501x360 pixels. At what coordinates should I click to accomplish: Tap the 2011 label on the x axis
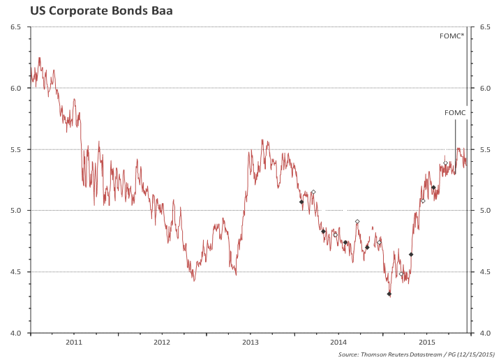pyautogui.click(x=74, y=342)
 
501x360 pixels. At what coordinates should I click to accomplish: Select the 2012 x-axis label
pyautogui.click(x=162, y=342)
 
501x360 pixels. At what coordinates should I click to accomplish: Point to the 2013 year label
pyautogui.click(x=250, y=342)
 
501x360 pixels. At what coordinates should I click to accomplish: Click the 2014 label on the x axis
pyautogui.click(x=338, y=342)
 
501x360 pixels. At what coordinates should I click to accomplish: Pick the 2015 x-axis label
pyautogui.click(x=427, y=342)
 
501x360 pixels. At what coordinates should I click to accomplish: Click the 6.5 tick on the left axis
pyautogui.click(x=16, y=27)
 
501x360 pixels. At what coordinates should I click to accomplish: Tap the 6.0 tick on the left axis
pyautogui.click(x=16, y=88)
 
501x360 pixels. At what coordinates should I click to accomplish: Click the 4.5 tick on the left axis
pyautogui.click(x=16, y=272)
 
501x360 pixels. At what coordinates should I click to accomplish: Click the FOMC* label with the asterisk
pyautogui.click(x=452, y=36)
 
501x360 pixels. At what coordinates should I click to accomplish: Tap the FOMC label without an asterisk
pyautogui.click(x=455, y=112)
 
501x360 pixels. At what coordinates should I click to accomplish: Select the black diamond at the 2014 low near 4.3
pyautogui.click(x=389, y=294)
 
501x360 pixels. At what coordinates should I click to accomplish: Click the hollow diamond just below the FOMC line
pyautogui.click(x=445, y=163)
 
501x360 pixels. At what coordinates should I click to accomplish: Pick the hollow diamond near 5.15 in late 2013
pyautogui.click(x=313, y=192)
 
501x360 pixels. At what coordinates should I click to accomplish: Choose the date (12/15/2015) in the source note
pyautogui.click(x=474, y=354)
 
